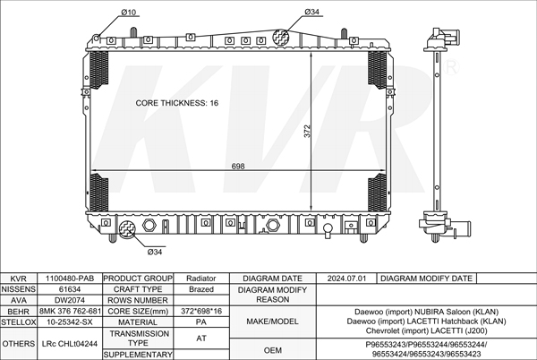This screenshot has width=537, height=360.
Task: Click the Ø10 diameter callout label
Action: click(128, 13)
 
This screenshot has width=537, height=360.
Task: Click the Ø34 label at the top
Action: click(311, 12)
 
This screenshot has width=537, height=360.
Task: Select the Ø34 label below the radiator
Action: click(155, 253)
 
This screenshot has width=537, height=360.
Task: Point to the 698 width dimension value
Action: click(238, 167)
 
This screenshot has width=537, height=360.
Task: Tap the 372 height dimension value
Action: click(307, 132)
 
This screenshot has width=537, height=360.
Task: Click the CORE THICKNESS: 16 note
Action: click(176, 103)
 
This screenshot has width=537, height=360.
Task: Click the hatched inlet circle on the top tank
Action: click(281, 37)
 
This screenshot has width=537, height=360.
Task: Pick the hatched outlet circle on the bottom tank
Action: click(127, 229)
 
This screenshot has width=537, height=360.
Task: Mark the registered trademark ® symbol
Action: click(451, 67)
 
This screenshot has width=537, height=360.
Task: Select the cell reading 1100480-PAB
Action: click(70, 279)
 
